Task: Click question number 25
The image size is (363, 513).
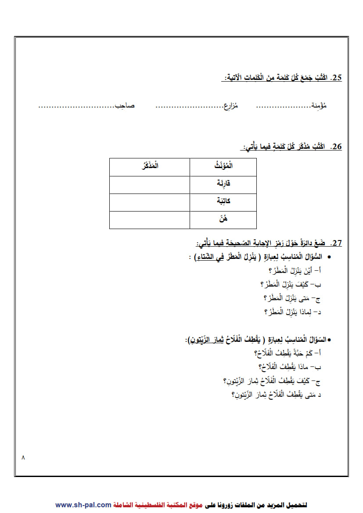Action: pyautogui.click(x=336, y=78)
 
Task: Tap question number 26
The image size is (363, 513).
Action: pyautogui.click(x=336, y=147)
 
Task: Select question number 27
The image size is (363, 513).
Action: pyautogui.click(x=336, y=243)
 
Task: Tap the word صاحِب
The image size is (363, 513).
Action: pyautogui.click(x=125, y=106)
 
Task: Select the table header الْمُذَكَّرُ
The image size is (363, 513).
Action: pyautogui.click(x=149, y=167)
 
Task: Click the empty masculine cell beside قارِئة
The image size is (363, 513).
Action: pyautogui.click(x=149, y=184)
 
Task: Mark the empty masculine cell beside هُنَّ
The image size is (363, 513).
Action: pyautogui.click(x=149, y=219)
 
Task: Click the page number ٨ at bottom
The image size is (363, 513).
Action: pyautogui.click(x=23, y=457)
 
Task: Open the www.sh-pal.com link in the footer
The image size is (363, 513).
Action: pyautogui.click(x=83, y=505)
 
